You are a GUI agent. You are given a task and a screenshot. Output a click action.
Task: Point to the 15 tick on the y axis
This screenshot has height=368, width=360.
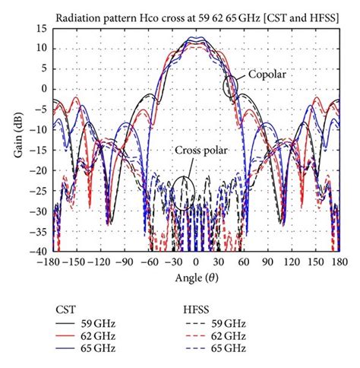[x=46, y=28]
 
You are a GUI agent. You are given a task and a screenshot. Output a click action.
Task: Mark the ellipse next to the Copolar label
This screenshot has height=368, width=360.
[x=231, y=87]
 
